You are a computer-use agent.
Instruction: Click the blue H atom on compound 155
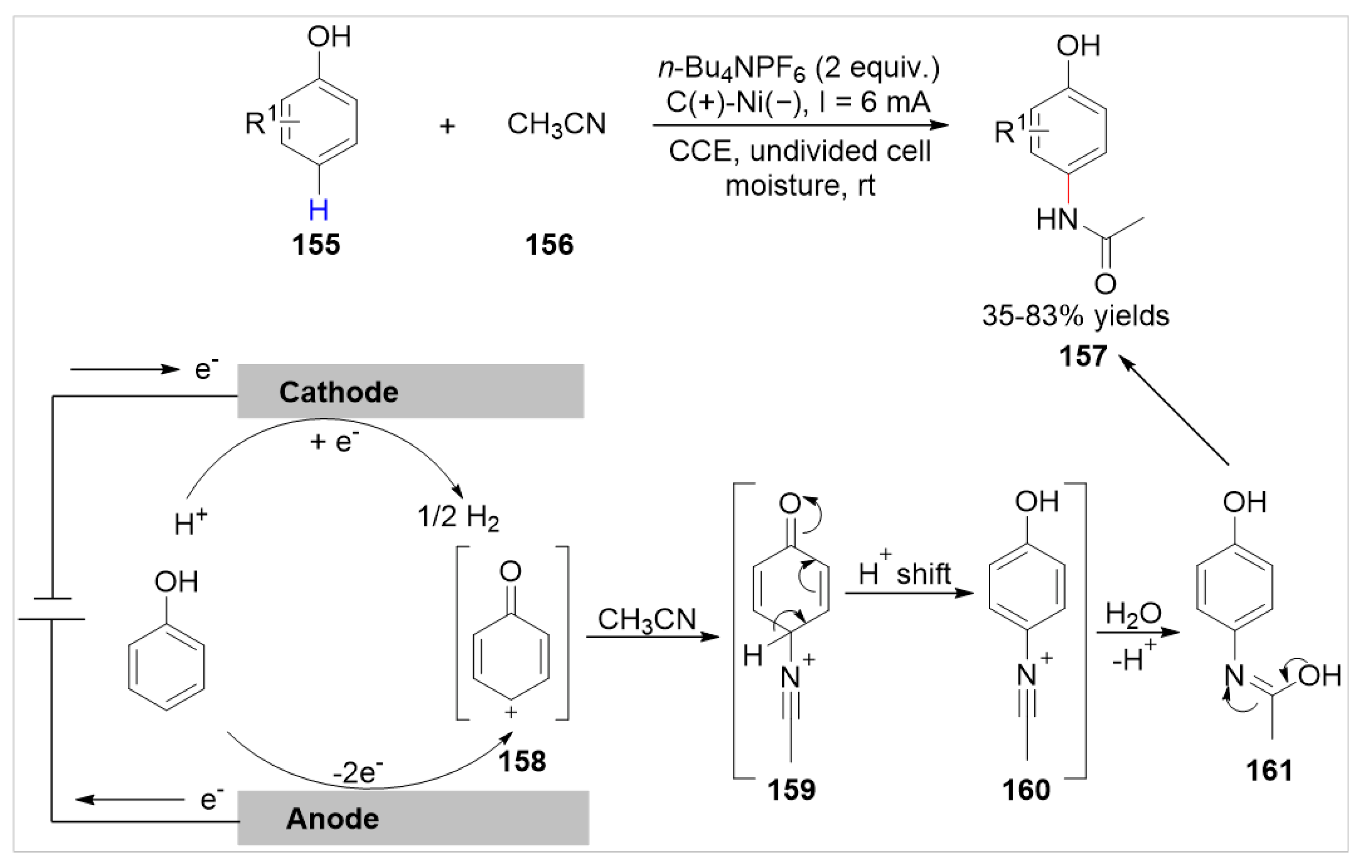[319, 210]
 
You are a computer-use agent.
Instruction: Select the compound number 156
[549, 245]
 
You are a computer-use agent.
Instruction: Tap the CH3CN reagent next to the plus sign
[556, 124]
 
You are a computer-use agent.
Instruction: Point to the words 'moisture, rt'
[800, 185]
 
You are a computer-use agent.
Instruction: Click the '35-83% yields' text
[1076, 316]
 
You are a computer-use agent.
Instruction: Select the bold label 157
[1083, 356]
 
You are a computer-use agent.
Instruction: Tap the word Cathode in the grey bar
[338, 392]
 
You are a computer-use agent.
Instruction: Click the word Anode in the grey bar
[332, 819]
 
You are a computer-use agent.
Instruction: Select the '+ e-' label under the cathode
[334, 441]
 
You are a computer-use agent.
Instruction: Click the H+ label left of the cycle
[190, 523]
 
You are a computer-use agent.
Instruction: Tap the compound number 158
[522, 761]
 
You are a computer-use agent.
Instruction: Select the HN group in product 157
[1057, 219]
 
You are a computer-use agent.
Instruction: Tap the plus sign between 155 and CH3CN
[447, 126]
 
